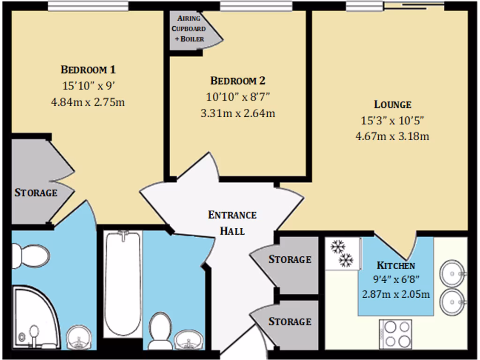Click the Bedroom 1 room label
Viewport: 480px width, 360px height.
[x=88, y=70]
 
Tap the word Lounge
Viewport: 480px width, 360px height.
[x=392, y=105]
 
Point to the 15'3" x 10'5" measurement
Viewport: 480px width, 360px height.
[x=392, y=120]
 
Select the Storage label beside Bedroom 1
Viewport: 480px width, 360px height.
[x=36, y=193]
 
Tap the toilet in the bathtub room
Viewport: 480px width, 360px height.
[x=160, y=330]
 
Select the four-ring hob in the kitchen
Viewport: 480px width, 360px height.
[x=395, y=334]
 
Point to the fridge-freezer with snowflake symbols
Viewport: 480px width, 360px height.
[x=342, y=254]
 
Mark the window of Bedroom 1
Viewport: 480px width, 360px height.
[x=88, y=6]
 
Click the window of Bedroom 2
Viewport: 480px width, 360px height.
[x=256, y=6]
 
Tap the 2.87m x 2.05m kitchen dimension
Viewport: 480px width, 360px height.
[x=396, y=294]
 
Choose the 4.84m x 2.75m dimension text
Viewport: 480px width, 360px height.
[x=88, y=101]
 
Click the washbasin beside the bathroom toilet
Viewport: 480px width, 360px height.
[x=189, y=338]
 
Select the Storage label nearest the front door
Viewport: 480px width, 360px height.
[x=289, y=322]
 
